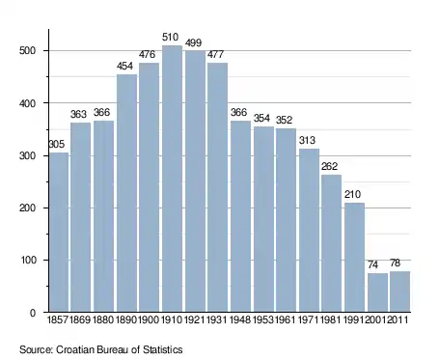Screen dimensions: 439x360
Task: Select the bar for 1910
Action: pos(172,179)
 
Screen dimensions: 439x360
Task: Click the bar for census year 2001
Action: pos(377,292)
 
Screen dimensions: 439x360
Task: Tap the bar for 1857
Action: pos(59,232)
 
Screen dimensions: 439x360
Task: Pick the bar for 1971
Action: pos(309,230)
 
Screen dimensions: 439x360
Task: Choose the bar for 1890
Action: pos(126,193)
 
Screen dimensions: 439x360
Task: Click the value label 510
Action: pos(170,38)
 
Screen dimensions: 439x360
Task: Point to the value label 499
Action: pos(193,42)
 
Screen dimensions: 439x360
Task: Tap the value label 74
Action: pos(372,264)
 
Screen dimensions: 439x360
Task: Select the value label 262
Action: pos(329,166)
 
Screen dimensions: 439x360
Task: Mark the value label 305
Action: pos(57,144)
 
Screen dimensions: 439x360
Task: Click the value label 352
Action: pos(284,120)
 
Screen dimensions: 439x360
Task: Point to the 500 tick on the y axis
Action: pos(27,51)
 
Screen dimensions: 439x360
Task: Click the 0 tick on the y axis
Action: pos(33,313)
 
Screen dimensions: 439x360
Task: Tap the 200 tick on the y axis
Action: pos(27,208)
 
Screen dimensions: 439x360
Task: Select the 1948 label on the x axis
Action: pos(240,319)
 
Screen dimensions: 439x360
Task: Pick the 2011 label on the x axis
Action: pos(398,319)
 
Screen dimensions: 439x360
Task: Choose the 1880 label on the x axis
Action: pos(103,319)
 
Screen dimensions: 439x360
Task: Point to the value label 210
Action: pos(352,194)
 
